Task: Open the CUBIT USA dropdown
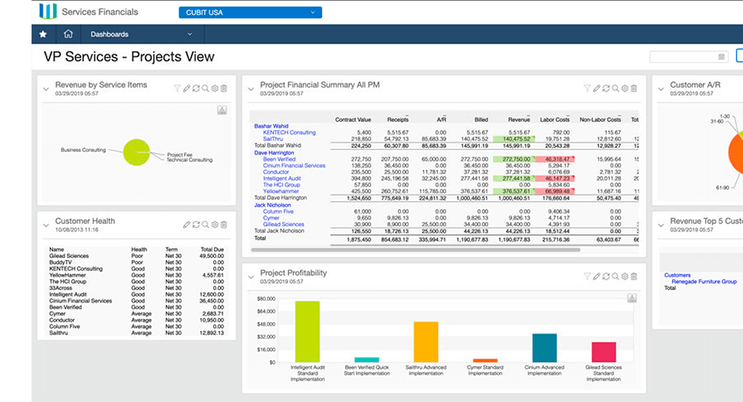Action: [x=250, y=12]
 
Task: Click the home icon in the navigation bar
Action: [x=68, y=34]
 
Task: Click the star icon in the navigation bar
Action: [x=43, y=34]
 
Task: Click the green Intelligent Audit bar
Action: [x=307, y=331]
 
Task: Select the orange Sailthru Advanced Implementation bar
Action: [x=426, y=342]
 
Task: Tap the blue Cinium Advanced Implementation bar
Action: [x=544, y=348]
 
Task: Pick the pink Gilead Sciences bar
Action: [x=603, y=352]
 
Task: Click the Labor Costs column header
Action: [x=555, y=119]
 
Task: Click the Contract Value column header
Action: [x=353, y=119]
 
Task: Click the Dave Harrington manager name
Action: [x=275, y=152]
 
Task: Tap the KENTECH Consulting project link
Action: [x=289, y=133]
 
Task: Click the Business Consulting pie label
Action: [x=83, y=150]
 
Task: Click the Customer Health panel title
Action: [x=85, y=221]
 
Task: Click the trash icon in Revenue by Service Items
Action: [x=224, y=88]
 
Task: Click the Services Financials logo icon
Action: [x=48, y=12]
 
